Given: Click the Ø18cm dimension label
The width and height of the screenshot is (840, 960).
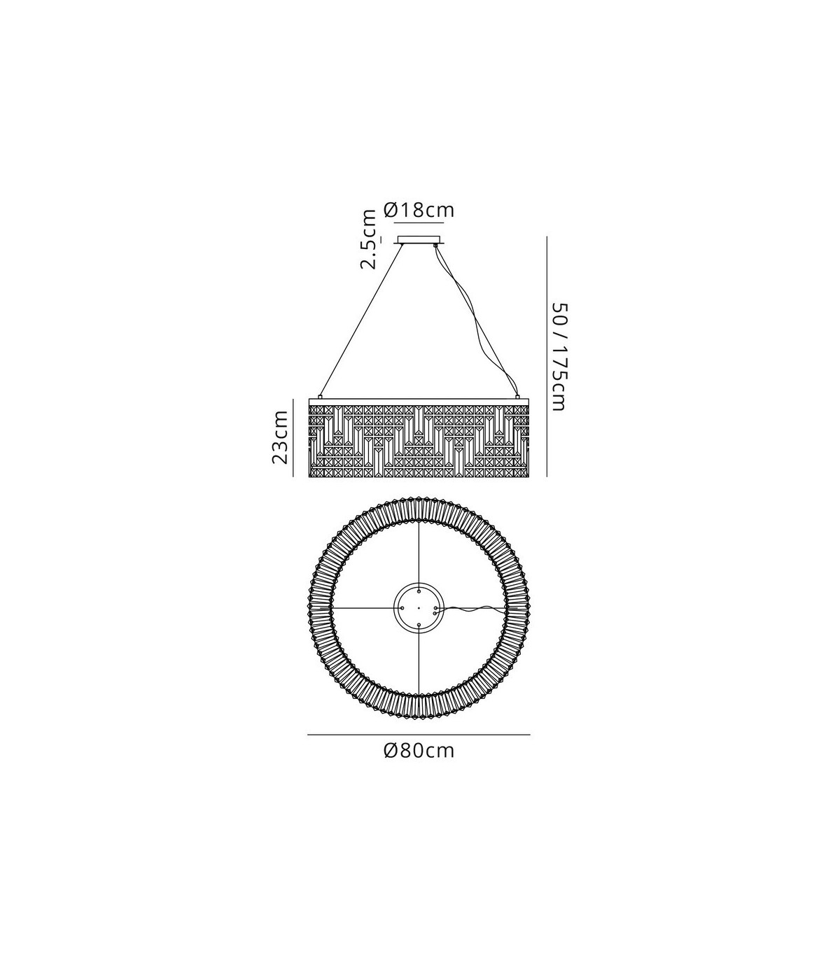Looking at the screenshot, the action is (x=419, y=210).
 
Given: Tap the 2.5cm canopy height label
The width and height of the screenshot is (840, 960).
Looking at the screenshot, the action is (x=368, y=239).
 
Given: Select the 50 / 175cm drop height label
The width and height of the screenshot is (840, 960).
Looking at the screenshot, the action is (x=559, y=357).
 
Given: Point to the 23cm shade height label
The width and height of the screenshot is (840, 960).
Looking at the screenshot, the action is (x=280, y=437).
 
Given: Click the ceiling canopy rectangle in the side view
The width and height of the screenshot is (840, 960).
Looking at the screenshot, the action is (x=419, y=240).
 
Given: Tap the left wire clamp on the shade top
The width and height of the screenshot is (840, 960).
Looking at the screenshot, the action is (x=321, y=396).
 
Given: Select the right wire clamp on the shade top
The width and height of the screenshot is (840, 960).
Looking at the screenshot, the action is (x=517, y=396).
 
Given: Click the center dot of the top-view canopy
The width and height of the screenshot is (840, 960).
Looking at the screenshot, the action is (x=419, y=607).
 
